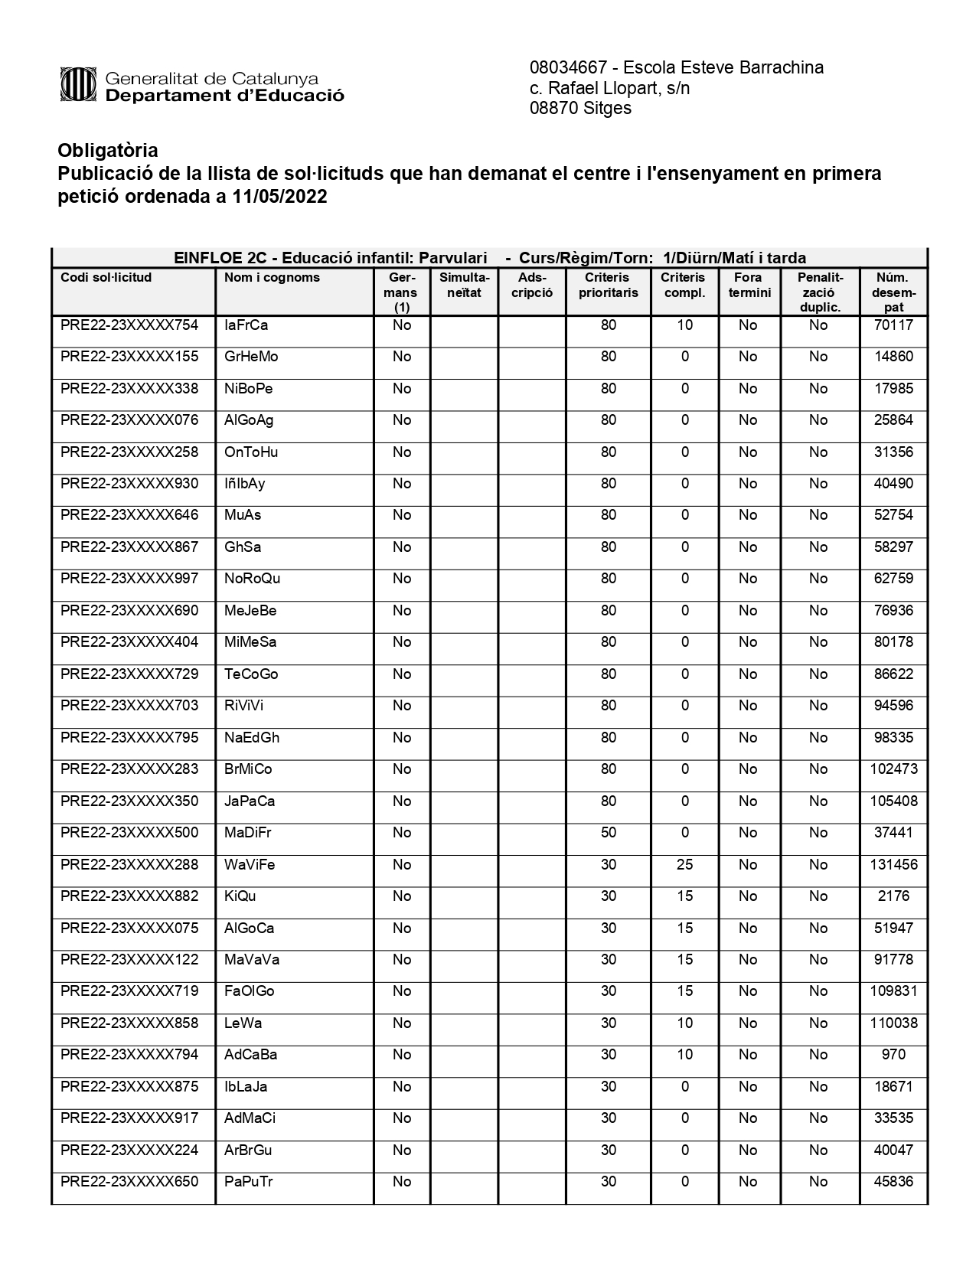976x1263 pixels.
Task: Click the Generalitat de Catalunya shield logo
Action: [77, 84]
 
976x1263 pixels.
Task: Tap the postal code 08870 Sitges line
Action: [580, 108]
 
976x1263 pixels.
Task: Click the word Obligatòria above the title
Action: [108, 150]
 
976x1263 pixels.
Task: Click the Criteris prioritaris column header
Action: [608, 285]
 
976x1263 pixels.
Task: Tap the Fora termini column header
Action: [749, 285]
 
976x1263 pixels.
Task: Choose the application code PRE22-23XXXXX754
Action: [129, 325]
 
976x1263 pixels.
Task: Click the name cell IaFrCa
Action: [246, 325]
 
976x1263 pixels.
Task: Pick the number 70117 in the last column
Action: [893, 325]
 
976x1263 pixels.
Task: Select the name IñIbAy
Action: [244, 484]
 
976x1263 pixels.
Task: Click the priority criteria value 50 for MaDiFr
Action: [608, 833]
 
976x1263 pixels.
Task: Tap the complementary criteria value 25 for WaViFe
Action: [684, 865]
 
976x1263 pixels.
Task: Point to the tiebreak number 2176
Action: [893, 896]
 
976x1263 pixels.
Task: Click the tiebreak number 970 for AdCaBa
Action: [893, 1055]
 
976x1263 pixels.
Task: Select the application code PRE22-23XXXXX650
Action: [129, 1182]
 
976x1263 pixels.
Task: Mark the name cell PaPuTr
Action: [248, 1182]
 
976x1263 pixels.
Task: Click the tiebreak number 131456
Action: [893, 865]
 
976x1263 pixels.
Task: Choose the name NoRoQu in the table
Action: [252, 579]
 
